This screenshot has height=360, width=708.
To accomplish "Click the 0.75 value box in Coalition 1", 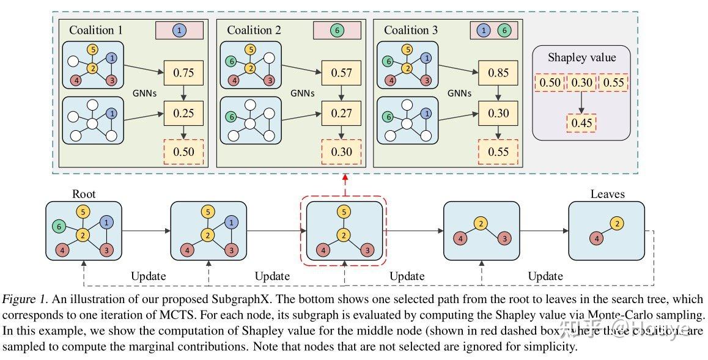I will click(x=183, y=73).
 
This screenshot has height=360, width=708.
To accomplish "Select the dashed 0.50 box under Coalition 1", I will click(x=183, y=152).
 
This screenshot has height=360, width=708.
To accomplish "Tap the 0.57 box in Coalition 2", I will click(x=341, y=73).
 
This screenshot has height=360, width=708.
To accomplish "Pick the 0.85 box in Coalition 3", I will click(x=498, y=73).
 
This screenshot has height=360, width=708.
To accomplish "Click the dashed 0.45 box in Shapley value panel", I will click(x=581, y=123).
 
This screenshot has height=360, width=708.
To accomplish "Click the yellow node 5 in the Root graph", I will click(x=84, y=213).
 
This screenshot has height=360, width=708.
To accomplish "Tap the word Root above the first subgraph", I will click(x=84, y=194).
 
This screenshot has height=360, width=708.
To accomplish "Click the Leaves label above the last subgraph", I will click(x=607, y=194).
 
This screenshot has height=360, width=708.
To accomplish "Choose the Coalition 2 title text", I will click(x=254, y=30).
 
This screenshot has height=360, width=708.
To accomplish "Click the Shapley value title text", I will click(x=581, y=58).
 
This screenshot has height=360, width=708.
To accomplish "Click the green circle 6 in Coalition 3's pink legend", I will click(x=504, y=30).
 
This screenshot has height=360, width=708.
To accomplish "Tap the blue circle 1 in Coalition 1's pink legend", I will click(x=179, y=30).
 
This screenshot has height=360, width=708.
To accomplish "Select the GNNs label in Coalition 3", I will click(x=461, y=94).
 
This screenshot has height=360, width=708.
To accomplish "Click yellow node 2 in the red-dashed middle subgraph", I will click(x=345, y=235).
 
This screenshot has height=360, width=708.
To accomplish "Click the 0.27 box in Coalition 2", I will click(x=341, y=113).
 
